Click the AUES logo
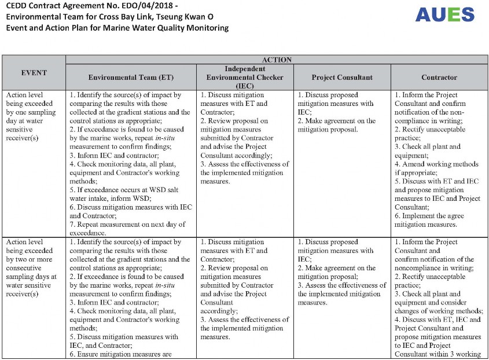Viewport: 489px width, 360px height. [444, 14]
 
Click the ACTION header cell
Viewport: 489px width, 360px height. [277, 60]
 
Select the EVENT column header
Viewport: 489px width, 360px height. [34, 73]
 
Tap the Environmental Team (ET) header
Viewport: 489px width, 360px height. [131, 78]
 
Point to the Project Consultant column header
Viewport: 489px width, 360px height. [342, 78]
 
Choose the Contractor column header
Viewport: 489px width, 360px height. [439, 78]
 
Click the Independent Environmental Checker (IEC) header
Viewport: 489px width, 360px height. [245, 77]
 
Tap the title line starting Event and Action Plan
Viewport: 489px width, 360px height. [117, 28]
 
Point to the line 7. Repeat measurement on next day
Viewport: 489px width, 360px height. [127, 224]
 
